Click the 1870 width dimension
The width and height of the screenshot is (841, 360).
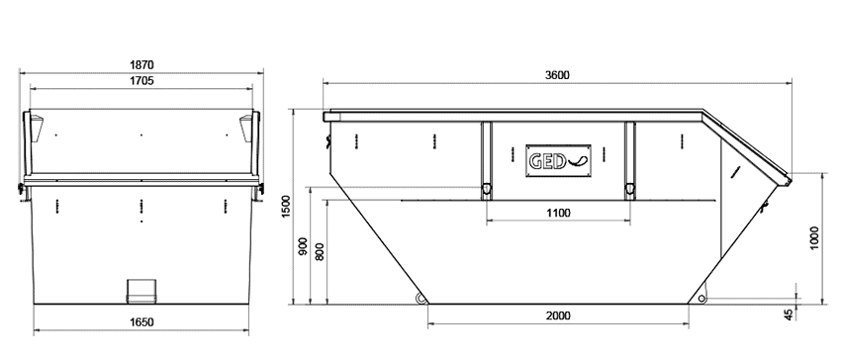click(141, 65)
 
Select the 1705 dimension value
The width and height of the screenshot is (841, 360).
click(141, 81)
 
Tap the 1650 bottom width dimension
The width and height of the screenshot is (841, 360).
click(141, 321)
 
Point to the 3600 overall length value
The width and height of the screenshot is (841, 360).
click(557, 75)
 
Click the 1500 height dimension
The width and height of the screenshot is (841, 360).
click(286, 207)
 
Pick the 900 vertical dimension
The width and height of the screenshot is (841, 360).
click(303, 245)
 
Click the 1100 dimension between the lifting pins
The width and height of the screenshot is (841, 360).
click(558, 213)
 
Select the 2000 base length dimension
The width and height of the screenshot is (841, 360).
click(558, 316)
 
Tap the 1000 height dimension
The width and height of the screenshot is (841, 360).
click(814, 238)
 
